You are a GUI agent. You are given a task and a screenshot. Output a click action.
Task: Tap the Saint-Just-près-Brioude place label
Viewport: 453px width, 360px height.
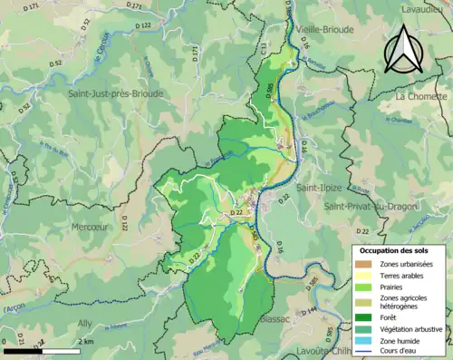[115, 93]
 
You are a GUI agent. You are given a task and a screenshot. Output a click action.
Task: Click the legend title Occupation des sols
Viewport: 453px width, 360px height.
[400, 249]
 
